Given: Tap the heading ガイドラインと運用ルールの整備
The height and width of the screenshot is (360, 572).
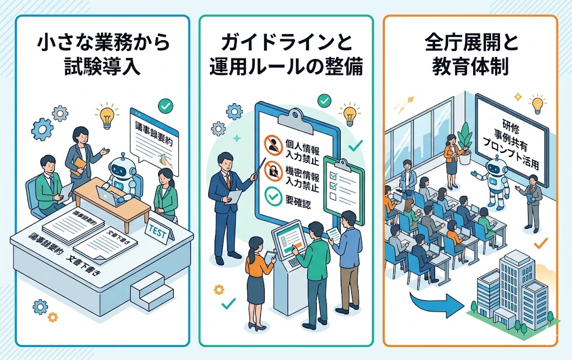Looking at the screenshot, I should tap(286, 55).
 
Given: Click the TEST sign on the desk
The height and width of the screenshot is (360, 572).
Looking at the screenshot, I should tap(158, 232).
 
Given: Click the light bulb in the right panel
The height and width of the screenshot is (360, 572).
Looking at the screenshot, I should tap(538, 104).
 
